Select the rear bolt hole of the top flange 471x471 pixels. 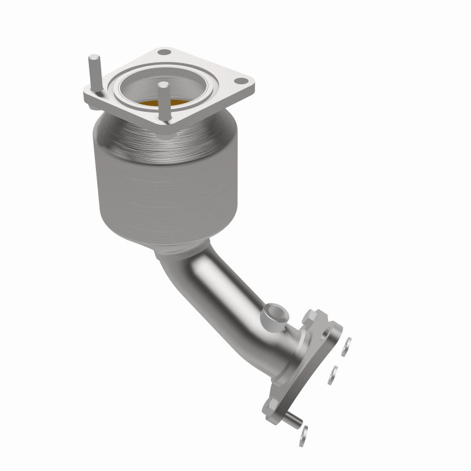pos(165,53)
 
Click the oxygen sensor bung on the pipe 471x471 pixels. pos(274,312)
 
